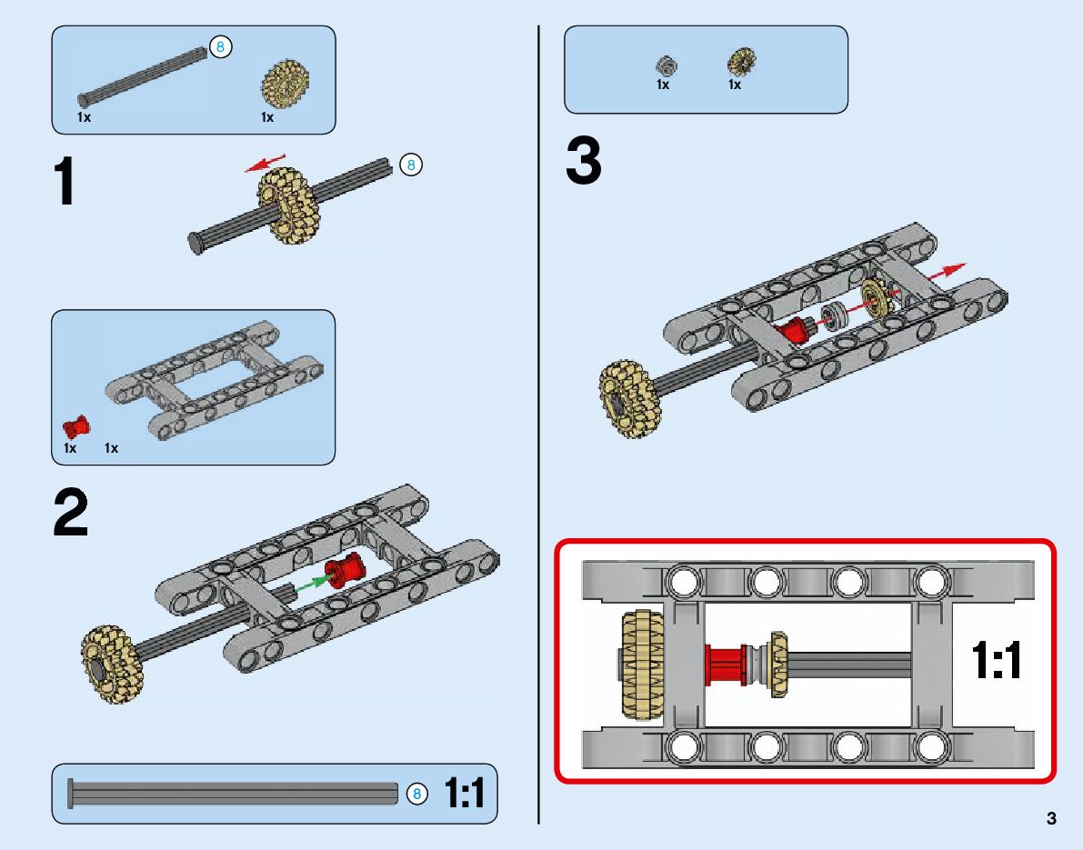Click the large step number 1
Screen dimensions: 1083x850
(65, 180)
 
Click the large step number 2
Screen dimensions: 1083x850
(70, 512)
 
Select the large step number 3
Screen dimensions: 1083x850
(584, 160)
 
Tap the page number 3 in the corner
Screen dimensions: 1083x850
(1051, 818)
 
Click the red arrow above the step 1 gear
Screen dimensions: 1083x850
(265, 163)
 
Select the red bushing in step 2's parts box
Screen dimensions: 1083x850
(76, 427)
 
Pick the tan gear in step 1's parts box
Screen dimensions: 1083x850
(285, 84)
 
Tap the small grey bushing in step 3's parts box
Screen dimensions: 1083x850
(666, 66)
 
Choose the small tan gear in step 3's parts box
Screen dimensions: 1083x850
(742, 62)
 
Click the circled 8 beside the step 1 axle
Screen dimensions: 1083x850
(411, 165)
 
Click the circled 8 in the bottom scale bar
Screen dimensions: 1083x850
(416, 794)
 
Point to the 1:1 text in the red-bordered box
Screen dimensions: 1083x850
(997, 659)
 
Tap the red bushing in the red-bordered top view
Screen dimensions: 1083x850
(726, 665)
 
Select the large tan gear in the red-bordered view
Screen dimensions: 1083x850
(643, 665)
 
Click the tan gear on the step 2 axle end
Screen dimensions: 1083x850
(112, 665)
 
